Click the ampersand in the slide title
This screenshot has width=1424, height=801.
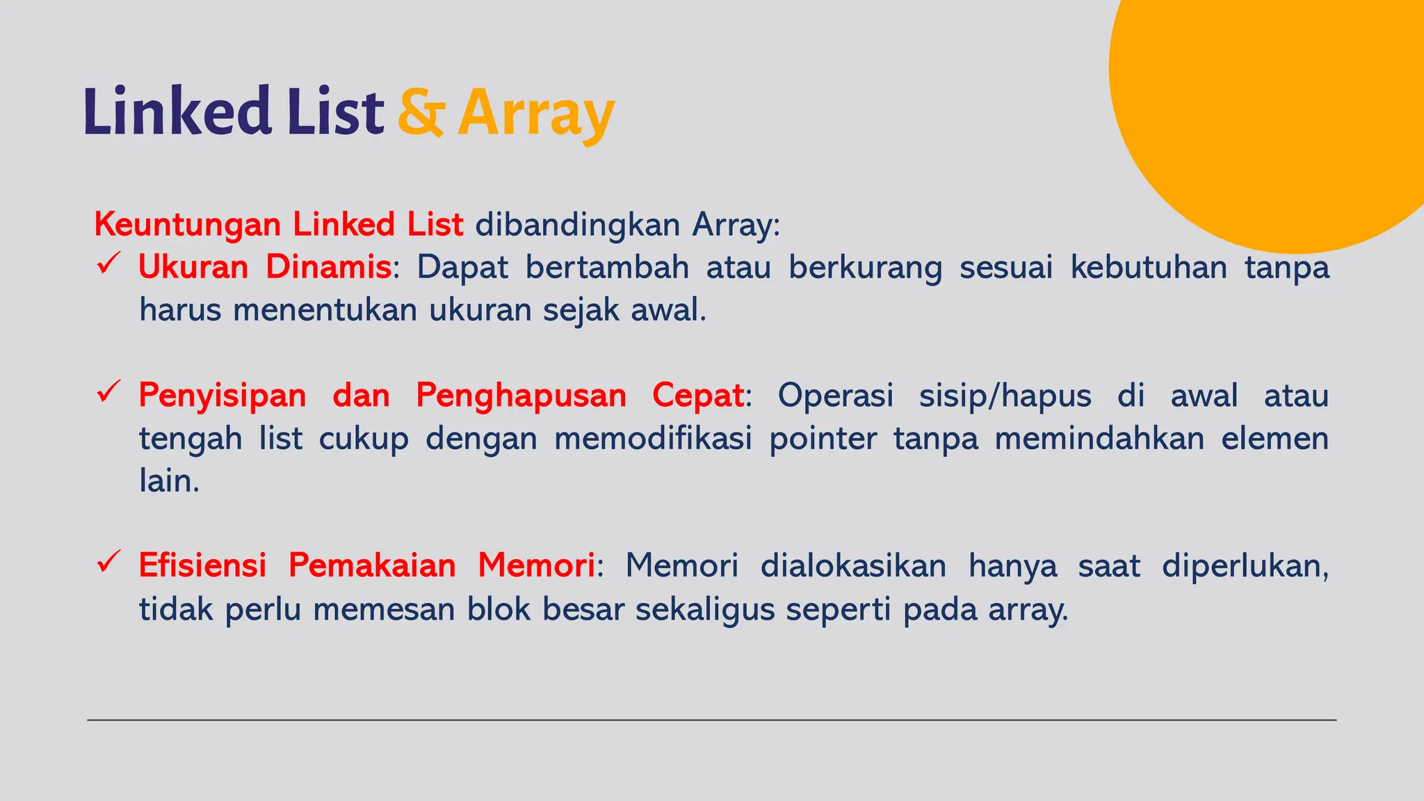tap(420, 112)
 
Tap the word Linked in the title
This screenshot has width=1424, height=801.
tap(177, 111)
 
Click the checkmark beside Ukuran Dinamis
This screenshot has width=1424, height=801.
tap(109, 264)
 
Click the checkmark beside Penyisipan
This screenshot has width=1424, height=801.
tap(109, 392)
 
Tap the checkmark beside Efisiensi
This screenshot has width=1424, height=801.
tap(109, 562)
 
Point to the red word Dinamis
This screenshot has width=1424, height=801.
tap(328, 267)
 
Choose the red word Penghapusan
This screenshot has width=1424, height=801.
tap(521, 396)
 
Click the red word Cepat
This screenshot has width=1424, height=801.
tap(698, 396)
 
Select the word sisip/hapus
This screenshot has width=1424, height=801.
tap(1005, 396)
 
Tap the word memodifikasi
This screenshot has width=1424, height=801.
tap(653, 439)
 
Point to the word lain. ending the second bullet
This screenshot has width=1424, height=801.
tap(169, 481)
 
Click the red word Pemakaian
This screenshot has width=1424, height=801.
tap(372, 565)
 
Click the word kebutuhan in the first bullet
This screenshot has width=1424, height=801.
tap(1149, 267)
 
